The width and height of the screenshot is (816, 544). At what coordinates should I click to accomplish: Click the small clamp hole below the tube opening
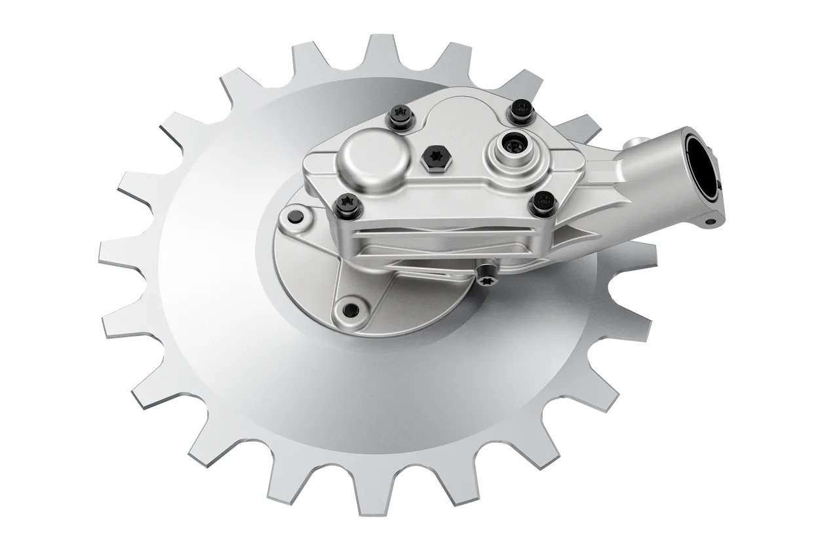point(709,222)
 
